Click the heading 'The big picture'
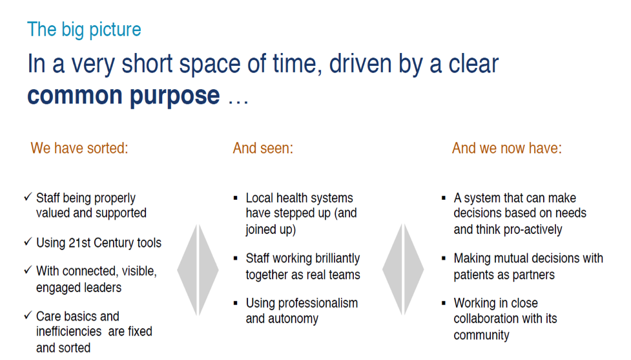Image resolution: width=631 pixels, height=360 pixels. point(84,30)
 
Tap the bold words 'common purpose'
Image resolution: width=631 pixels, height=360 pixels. point(123,96)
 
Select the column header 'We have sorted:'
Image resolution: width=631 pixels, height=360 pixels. point(79,148)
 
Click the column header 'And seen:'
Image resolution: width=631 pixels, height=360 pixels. point(263,148)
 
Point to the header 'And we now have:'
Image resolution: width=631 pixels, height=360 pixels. point(506,148)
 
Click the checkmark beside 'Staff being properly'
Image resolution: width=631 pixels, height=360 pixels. point(28,197)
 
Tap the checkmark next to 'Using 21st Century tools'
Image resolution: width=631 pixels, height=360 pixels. point(28,242)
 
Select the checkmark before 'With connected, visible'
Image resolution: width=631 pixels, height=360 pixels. point(28,270)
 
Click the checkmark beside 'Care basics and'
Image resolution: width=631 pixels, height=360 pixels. point(28,315)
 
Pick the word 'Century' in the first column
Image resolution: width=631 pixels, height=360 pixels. point(114,243)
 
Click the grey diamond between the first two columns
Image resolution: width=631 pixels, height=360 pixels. point(198,270)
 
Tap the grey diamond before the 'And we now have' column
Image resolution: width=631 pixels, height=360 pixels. point(403,270)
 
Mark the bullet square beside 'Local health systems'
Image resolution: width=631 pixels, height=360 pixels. point(236,198)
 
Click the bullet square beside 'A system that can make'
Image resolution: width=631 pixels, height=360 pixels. point(444,198)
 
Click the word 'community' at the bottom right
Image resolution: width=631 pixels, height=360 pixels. point(481,335)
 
